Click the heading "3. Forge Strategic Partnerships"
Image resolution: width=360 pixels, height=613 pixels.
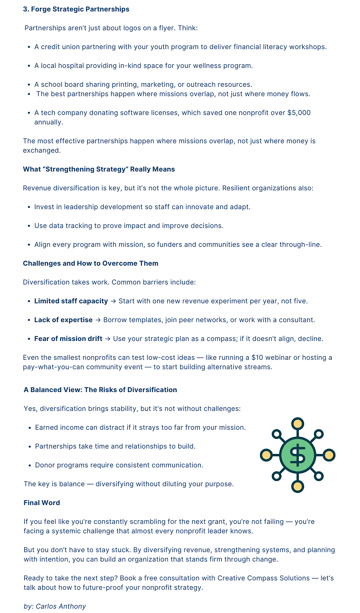[76, 9]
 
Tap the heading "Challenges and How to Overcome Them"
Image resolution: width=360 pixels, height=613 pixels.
[91, 263]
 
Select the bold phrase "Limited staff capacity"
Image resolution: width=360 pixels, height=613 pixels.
[71, 301]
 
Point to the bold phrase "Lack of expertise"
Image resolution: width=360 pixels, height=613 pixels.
[63, 320]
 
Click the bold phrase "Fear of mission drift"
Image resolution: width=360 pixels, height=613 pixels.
[68, 339]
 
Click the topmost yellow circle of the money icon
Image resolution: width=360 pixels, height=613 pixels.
[297, 424]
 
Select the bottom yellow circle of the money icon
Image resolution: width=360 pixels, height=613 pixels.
[297, 486]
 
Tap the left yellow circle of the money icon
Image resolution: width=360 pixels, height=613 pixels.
[266, 455]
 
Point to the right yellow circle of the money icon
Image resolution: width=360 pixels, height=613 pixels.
[329, 455]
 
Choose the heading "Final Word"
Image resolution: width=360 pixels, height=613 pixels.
[42, 503]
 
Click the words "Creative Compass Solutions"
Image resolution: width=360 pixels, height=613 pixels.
[263, 578]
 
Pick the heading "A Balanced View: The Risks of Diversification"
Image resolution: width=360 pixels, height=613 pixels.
[100, 390]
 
